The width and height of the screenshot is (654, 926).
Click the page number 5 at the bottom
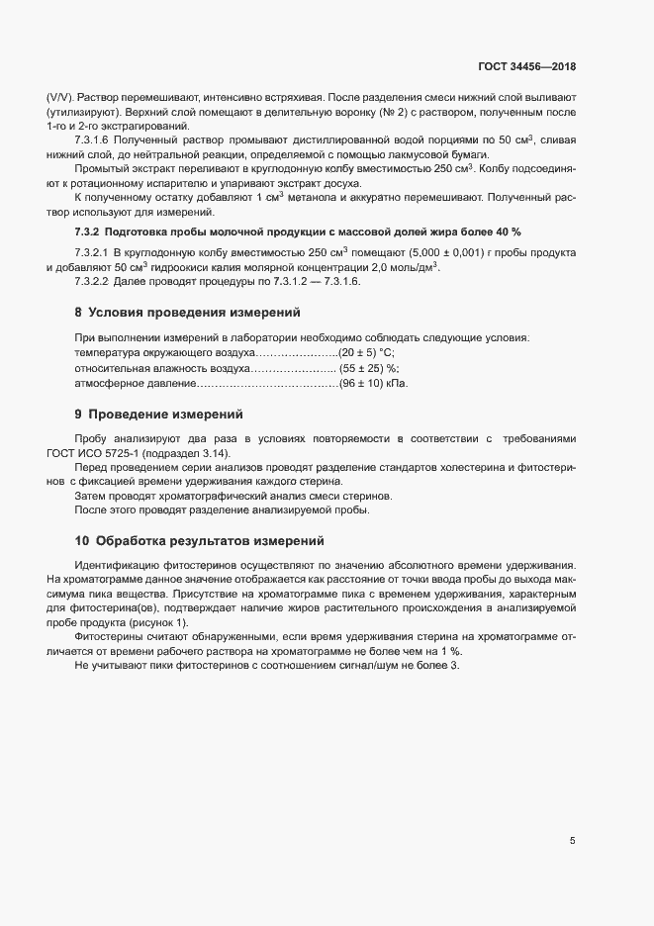tap(573, 841)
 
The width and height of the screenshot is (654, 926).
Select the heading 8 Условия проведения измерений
tap(187, 313)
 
